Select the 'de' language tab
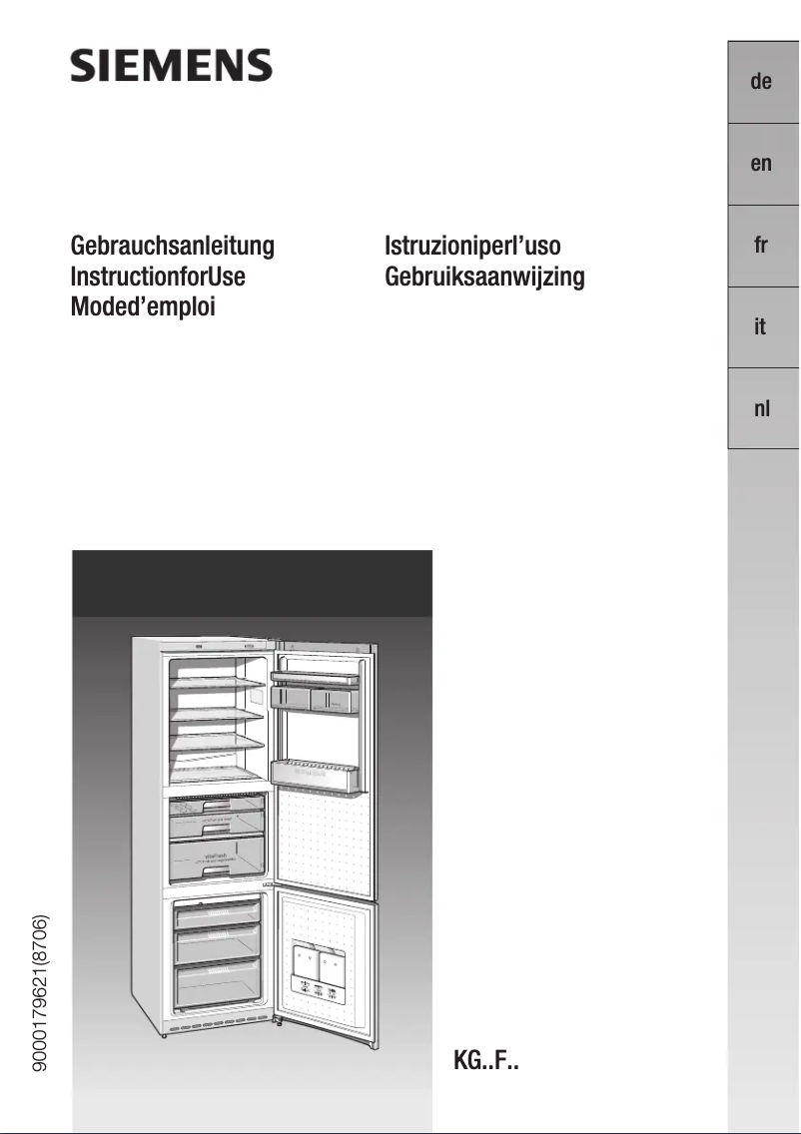pyautogui.click(x=761, y=82)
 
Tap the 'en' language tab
pyautogui.click(x=761, y=164)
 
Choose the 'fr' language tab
pyautogui.click(x=761, y=246)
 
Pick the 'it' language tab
pyautogui.click(x=761, y=327)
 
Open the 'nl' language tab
pyautogui.click(x=761, y=409)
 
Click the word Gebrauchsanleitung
pyautogui.click(x=172, y=246)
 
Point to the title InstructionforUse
pyautogui.click(x=158, y=276)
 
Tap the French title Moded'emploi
pyautogui.click(x=143, y=305)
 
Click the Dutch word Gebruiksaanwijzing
pyautogui.click(x=484, y=276)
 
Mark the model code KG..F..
pyautogui.click(x=486, y=1058)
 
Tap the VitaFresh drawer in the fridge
pyautogui.click(x=218, y=857)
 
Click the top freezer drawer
pyautogui.click(x=218, y=913)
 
